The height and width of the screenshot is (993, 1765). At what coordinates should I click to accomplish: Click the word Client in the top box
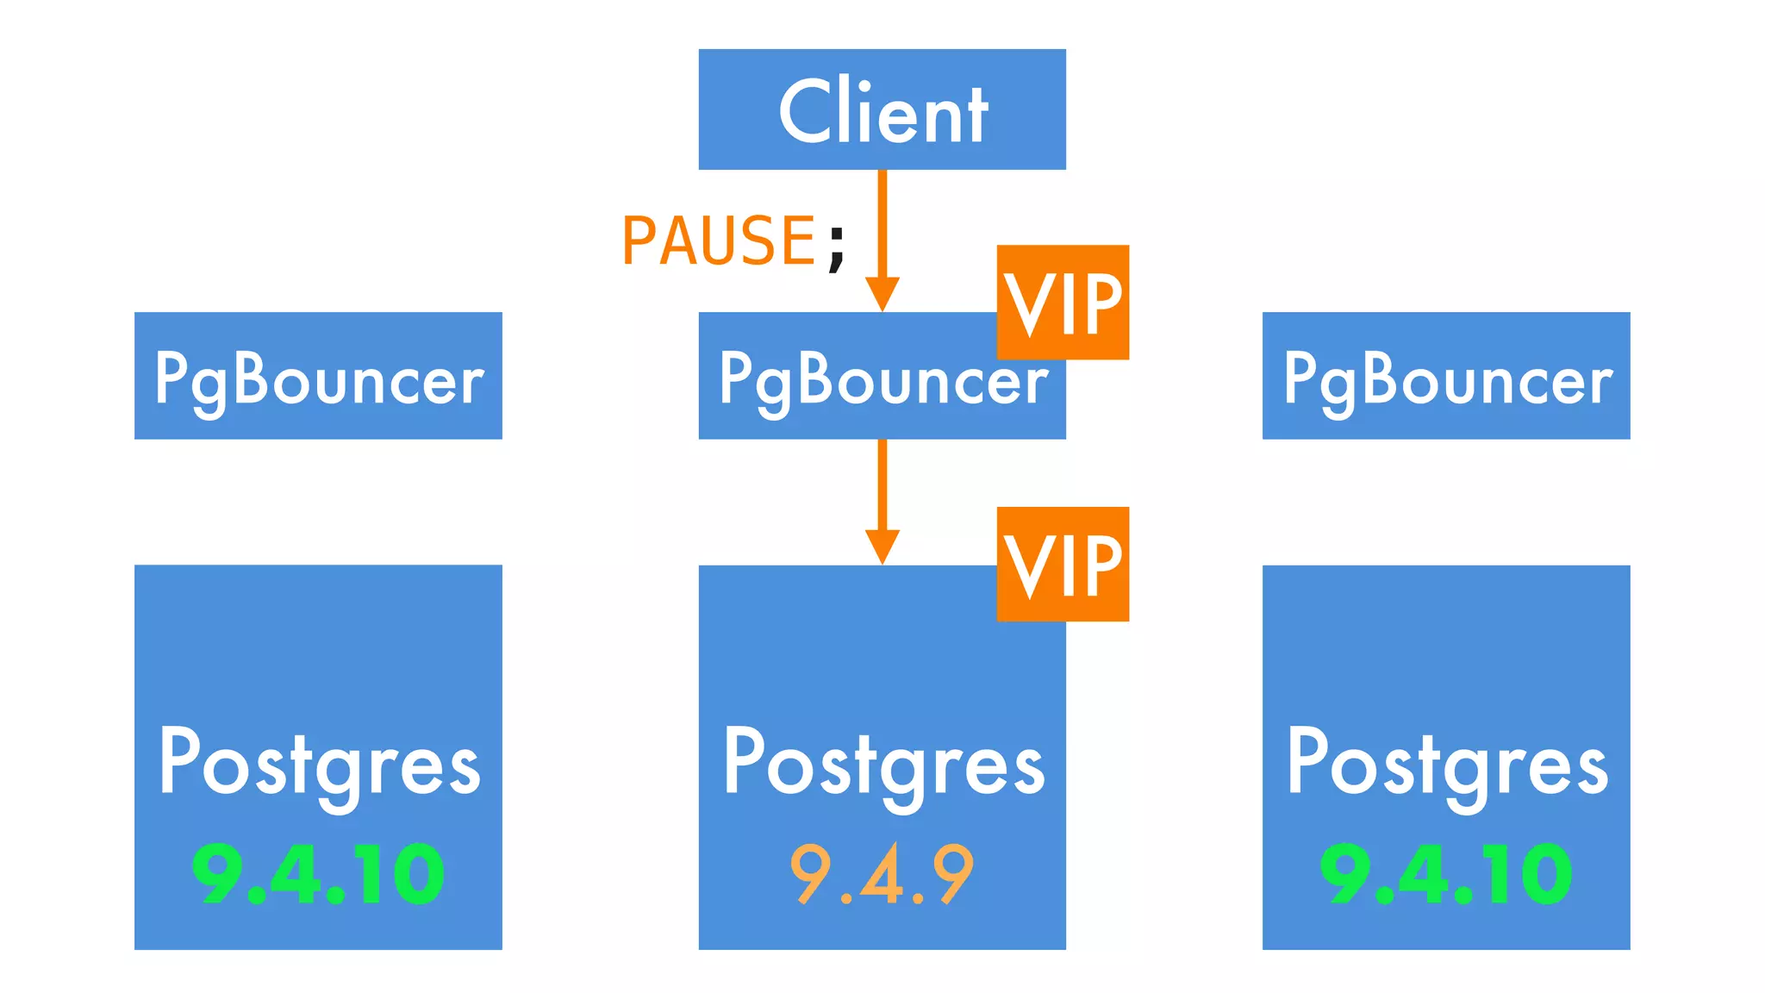pyautogui.click(x=882, y=112)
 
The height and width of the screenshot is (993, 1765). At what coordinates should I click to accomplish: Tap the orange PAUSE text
pyautogui.click(x=718, y=240)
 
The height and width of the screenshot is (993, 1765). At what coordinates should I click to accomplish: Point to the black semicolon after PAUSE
pyautogui.click(x=836, y=247)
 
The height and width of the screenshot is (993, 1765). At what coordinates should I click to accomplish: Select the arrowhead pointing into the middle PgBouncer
pyautogui.click(x=882, y=293)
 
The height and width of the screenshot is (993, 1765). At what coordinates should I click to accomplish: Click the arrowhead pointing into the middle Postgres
pyautogui.click(x=882, y=546)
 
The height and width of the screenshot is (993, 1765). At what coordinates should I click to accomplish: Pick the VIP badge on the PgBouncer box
pyautogui.click(x=1063, y=302)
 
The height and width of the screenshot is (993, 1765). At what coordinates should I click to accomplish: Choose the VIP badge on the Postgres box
pyautogui.click(x=1063, y=564)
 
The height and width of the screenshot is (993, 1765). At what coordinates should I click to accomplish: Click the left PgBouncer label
pyautogui.click(x=319, y=379)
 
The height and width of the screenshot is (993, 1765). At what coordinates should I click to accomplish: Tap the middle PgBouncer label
pyautogui.click(x=882, y=379)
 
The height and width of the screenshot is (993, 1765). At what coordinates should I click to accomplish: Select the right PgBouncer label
pyautogui.click(x=1447, y=379)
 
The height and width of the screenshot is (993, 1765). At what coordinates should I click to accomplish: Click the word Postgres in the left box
pyautogui.click(x=319, y=764)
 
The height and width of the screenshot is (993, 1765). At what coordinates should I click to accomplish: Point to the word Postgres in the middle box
pyautogui.click(x=882, y=764)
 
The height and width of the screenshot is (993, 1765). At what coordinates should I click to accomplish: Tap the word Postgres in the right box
pyautogui.click(x=1447, y=764)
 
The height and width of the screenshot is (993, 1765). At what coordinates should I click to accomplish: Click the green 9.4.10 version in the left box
pyautogui.click(x=318, y=874)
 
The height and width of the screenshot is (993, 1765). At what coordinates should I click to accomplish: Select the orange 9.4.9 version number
pyautogui.click(x=882, y=874)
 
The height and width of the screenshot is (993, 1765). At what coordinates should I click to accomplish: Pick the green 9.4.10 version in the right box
pyautogui.click(x=1446, y=874)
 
